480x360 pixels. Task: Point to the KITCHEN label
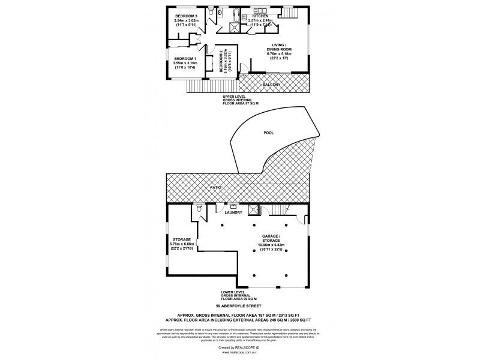[260, 15]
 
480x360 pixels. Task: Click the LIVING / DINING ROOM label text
[277, 52]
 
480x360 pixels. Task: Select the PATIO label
[217, 188]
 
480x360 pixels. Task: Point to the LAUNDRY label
[233, 212]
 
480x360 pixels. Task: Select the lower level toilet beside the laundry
[198, 209]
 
